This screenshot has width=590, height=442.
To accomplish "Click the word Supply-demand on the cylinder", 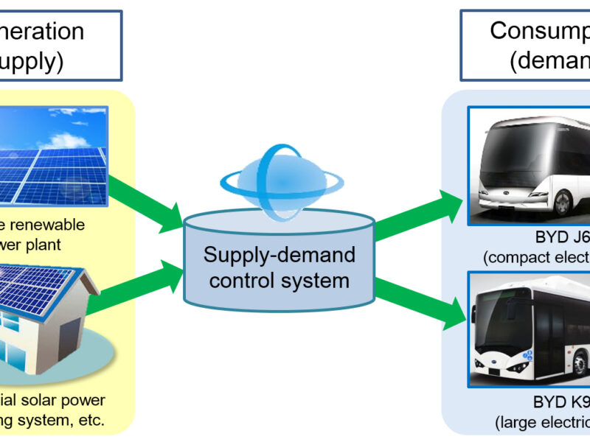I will [x=280, y=255].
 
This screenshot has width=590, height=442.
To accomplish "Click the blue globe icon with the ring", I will [x=279, y=178].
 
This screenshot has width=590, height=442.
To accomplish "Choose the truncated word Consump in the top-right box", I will [x=538, y=31].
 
